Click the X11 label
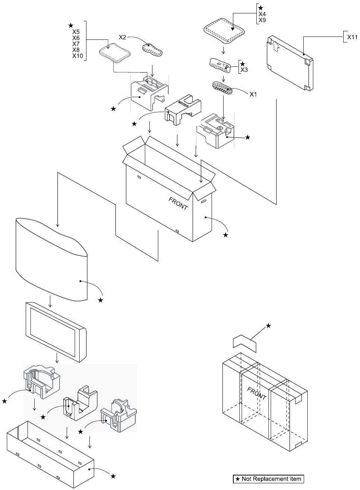(352, 37)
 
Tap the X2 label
(123, 37)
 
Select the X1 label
(253, 94)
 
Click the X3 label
(244, 70)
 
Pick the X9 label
(262, 20)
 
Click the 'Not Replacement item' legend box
(268, 478)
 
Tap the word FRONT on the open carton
(178, 203)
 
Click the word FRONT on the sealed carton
(257, 393)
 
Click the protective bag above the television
(51, 257)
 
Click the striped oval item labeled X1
(222, 88)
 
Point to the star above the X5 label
(71, 25)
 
